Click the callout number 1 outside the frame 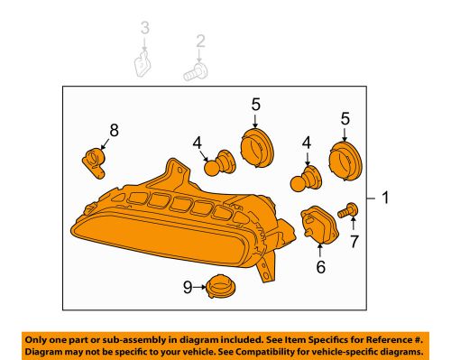pos(385,198)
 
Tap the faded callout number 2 pos(200,41)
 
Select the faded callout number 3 pos(145,28)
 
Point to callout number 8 pos(114,131)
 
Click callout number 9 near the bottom pos(188,287)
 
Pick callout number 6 pos(320,266)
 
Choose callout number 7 pos(354,241)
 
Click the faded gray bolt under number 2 pos(196,72)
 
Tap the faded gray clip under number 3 pos(143,63)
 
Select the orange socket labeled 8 pos(94,162)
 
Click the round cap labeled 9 pos(220,286)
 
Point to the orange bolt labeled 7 pos(347,210)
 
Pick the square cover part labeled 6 pos(319,225)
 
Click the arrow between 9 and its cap pos(199,287)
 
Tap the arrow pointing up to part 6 pos(320,251)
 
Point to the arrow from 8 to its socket pos(105,143)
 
